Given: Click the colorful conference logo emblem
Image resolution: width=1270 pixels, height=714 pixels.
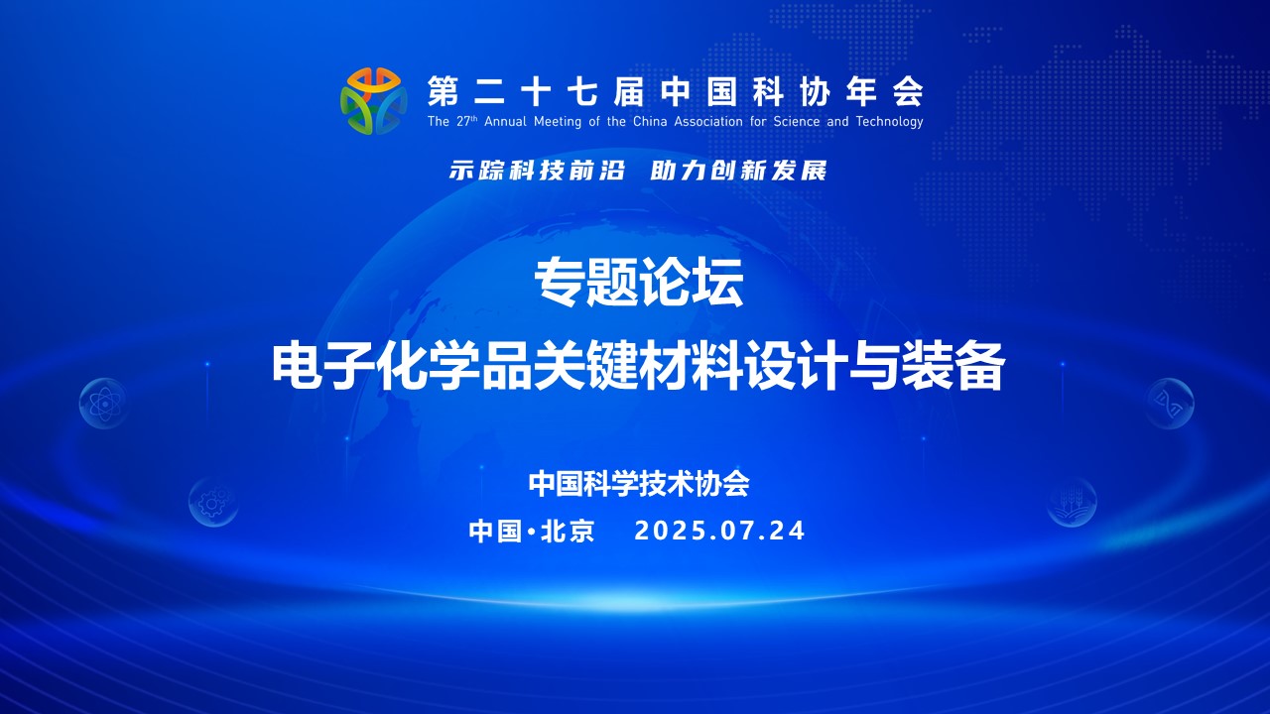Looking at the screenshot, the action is (x=374, y=101).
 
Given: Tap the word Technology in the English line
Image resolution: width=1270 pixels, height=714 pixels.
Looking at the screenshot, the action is (x=890, y=122).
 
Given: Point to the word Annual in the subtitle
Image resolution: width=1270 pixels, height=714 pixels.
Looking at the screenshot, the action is (x=505, y=121).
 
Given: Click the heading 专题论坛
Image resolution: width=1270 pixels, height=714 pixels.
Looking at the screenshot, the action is (x=639, y=283).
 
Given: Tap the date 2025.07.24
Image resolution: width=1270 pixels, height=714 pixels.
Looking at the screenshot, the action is (x=719, y=531).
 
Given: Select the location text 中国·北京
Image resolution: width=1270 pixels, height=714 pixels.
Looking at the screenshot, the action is (x=532, y=531).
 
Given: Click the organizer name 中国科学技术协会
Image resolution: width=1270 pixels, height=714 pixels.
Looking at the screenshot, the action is (x=639, y=484).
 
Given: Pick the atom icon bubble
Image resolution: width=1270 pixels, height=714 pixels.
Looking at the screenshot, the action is (x=103, y=403).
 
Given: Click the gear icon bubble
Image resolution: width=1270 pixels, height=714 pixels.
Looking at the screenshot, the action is (x=213, y=502).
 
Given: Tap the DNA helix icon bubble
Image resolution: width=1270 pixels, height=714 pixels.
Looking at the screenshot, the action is (x=1169, y=403).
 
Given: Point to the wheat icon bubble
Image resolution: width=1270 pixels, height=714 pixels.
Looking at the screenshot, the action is (x=1072, y=502).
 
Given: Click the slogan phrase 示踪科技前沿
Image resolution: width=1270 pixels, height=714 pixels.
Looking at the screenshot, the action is (x=537, y=170).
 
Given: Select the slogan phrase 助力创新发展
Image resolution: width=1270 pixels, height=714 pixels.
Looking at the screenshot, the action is (x=738, y=170).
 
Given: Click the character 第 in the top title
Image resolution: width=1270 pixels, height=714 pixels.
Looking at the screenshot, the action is (x=443, y=91).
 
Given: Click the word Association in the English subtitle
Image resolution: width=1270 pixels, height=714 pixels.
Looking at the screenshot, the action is (x=708, y=121).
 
